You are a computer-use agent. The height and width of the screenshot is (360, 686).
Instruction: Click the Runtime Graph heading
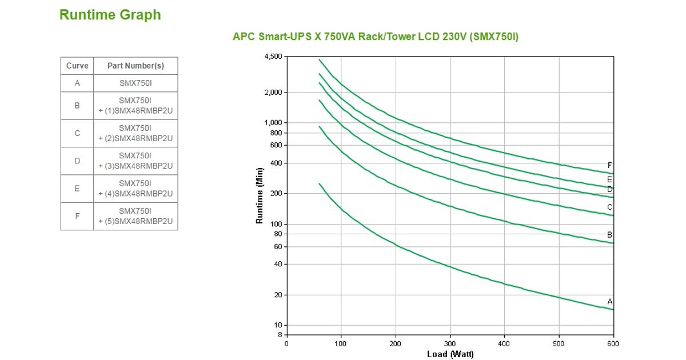click(110, 15)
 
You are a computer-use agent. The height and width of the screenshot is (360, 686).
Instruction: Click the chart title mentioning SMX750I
click(376, 37)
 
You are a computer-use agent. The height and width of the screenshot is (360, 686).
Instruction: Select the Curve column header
click(77, 66)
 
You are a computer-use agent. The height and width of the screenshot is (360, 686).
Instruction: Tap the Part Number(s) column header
click(135, 66)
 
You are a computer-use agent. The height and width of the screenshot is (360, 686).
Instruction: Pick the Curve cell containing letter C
click(77, 133)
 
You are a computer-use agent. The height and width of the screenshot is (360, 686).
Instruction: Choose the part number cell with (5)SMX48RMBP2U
click(135, 216)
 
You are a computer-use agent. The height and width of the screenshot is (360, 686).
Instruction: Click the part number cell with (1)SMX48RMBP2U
click(135, 105)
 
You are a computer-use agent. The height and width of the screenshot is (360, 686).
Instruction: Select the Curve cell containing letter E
click(77, 189)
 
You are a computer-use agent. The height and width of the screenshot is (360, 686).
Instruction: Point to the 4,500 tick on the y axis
click(273, 57)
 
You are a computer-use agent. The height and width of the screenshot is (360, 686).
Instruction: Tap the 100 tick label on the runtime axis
click(276, 224)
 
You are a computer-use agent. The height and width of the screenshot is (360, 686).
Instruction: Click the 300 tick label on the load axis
click(450, 344)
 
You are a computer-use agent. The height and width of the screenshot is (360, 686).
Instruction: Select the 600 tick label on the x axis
click(613, 344)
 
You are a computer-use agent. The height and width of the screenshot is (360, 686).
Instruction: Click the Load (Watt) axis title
click(450, 354)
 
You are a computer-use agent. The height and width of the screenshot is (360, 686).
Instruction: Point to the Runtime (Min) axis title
click(260, 195)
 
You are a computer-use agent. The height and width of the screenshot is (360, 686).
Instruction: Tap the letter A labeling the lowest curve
click(610, 302)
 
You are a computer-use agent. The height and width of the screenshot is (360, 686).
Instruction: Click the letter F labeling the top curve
click(610, 166)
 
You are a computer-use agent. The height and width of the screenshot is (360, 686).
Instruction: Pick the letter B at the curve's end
click(610, 235)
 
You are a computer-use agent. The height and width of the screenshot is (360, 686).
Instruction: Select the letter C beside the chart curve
click(610, 207)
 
